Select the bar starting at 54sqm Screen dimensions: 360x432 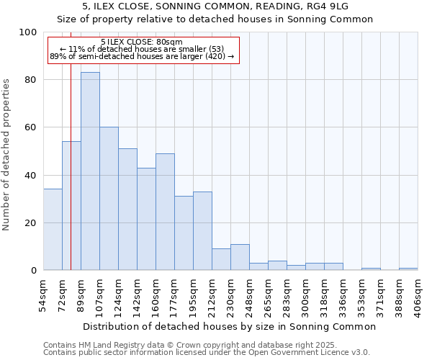point(53,230)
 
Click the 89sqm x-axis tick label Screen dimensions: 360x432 point(81,294)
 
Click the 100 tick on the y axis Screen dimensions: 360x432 point(28,32)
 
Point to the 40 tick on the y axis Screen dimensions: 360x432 point(31,175)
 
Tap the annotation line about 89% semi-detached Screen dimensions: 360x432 point(142,56)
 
